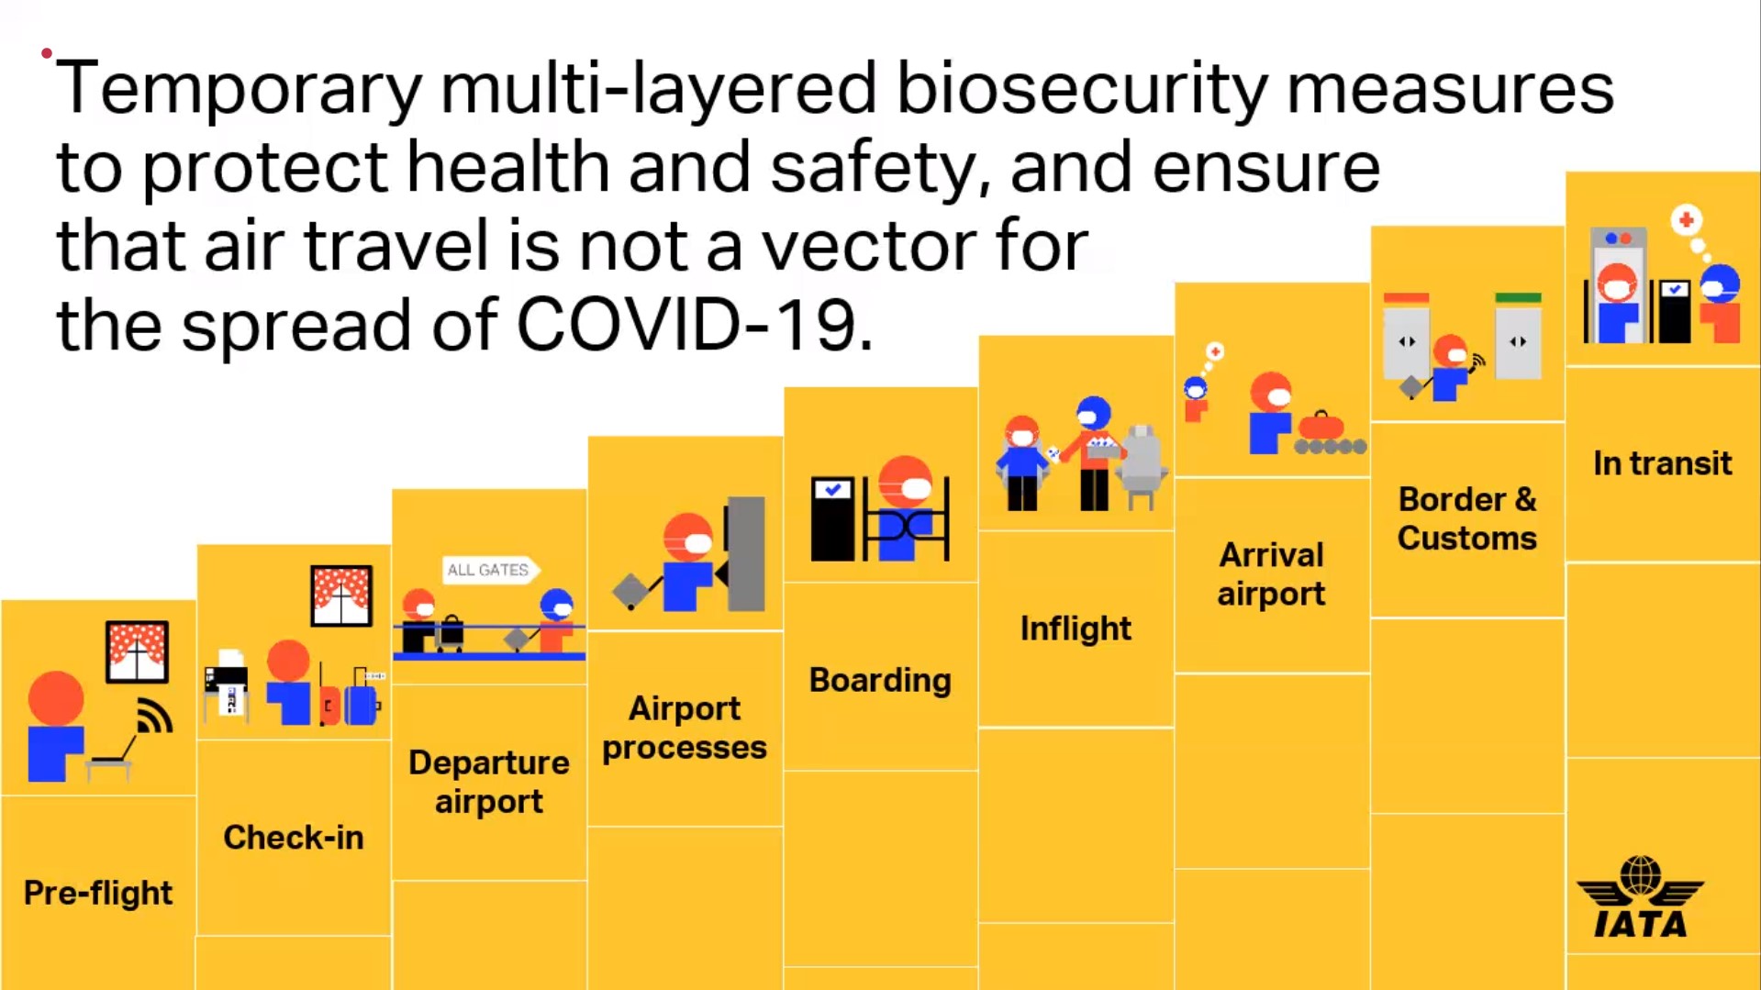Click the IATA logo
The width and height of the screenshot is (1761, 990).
pos(1640,897)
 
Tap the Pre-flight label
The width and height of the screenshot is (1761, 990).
pos(98,893)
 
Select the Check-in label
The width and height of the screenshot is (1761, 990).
pos(294,838)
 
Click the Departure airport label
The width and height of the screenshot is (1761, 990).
pos(489,782)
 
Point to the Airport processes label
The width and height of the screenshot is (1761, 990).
pos(685,728)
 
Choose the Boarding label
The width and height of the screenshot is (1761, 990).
pos(880,680)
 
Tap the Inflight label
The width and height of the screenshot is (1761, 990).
pos(1076,628)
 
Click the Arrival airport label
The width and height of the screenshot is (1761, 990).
pos(1271,574)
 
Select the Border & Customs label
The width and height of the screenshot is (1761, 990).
pos(1467,518)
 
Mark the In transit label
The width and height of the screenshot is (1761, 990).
pos(1663,463)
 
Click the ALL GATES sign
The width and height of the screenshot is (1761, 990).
pos(490,570)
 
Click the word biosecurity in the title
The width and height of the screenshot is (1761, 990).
pos(1081,90)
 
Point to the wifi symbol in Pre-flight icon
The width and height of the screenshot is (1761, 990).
pos(153,717)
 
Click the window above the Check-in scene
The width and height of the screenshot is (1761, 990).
pos(341,595)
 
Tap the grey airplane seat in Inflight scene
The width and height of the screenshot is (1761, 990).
pos(1140,466)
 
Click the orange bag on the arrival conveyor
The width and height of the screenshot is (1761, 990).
pos(1321,425)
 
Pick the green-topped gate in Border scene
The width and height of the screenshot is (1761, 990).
pos(1518,336)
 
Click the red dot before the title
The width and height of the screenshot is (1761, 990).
pos(47,53)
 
